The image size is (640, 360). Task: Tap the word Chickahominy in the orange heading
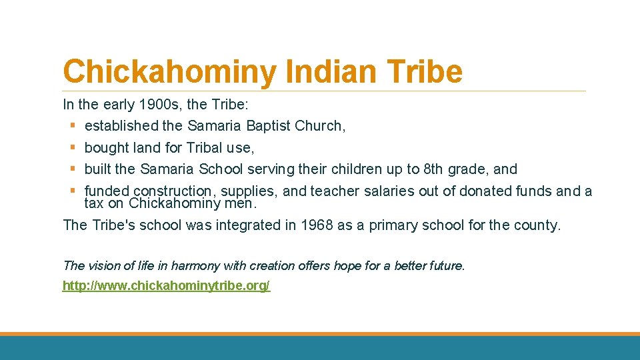168,71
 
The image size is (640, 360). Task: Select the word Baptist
270,125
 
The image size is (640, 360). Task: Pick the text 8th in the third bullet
438,169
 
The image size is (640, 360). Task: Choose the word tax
94,203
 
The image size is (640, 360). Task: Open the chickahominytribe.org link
166,286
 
